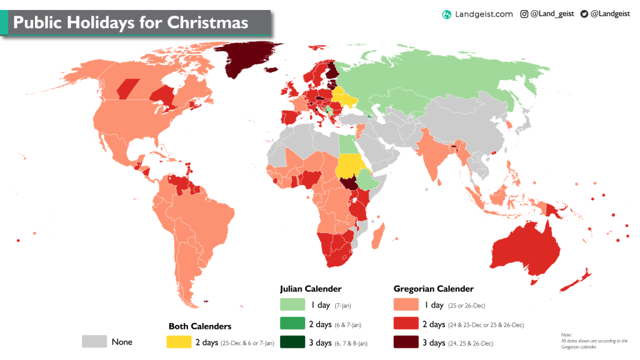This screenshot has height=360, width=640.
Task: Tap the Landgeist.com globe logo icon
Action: point(447,14)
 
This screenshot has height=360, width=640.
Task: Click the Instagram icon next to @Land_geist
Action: point(524,14)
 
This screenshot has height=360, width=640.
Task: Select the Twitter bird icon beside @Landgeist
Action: point(584,14)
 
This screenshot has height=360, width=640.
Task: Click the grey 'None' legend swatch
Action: point(94,342)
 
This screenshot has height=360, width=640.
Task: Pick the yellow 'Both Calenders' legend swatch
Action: point(178,342)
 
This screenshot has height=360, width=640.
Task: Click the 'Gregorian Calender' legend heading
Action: point(433,289)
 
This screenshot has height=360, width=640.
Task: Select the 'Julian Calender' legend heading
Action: point(310,289)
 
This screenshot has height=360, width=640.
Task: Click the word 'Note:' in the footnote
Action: point(566,335)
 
